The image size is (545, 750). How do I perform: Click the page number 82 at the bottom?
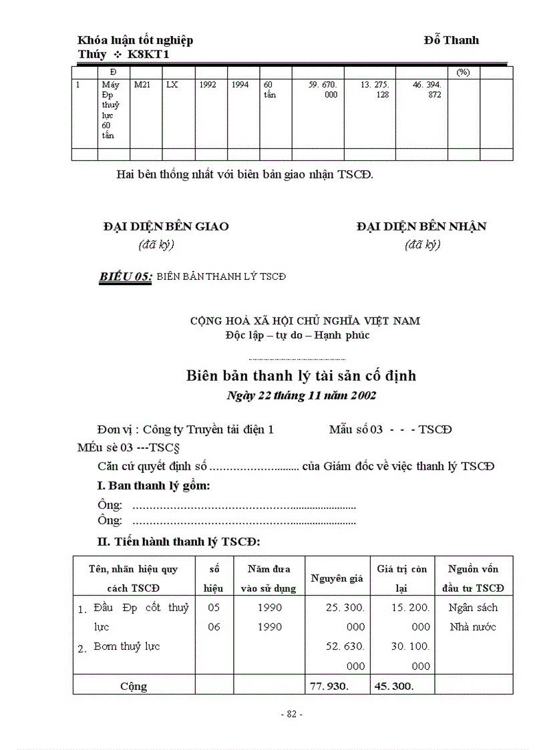point(292,714)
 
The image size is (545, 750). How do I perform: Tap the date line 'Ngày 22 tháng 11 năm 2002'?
point(301,395)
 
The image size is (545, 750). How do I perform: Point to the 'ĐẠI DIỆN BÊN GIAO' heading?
point(166,226)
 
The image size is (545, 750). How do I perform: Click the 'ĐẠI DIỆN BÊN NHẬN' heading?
point(421,226)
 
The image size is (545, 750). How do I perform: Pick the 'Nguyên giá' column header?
point(337,578)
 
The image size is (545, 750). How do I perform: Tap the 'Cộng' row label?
point(134,686)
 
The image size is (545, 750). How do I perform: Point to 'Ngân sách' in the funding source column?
point(473,608)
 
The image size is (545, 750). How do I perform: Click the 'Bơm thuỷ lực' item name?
point(126,646)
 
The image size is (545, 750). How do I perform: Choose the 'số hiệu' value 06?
point(214,627)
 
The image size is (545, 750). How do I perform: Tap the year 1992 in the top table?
point(208,85)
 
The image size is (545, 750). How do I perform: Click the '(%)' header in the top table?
point(463,71)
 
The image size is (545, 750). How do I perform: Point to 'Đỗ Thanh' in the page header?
point(451,40)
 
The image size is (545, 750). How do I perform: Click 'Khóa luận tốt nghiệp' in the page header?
point(136,40)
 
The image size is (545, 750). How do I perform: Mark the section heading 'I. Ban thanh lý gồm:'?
point(154,486)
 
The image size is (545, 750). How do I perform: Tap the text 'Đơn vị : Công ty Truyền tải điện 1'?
point(185,429)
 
